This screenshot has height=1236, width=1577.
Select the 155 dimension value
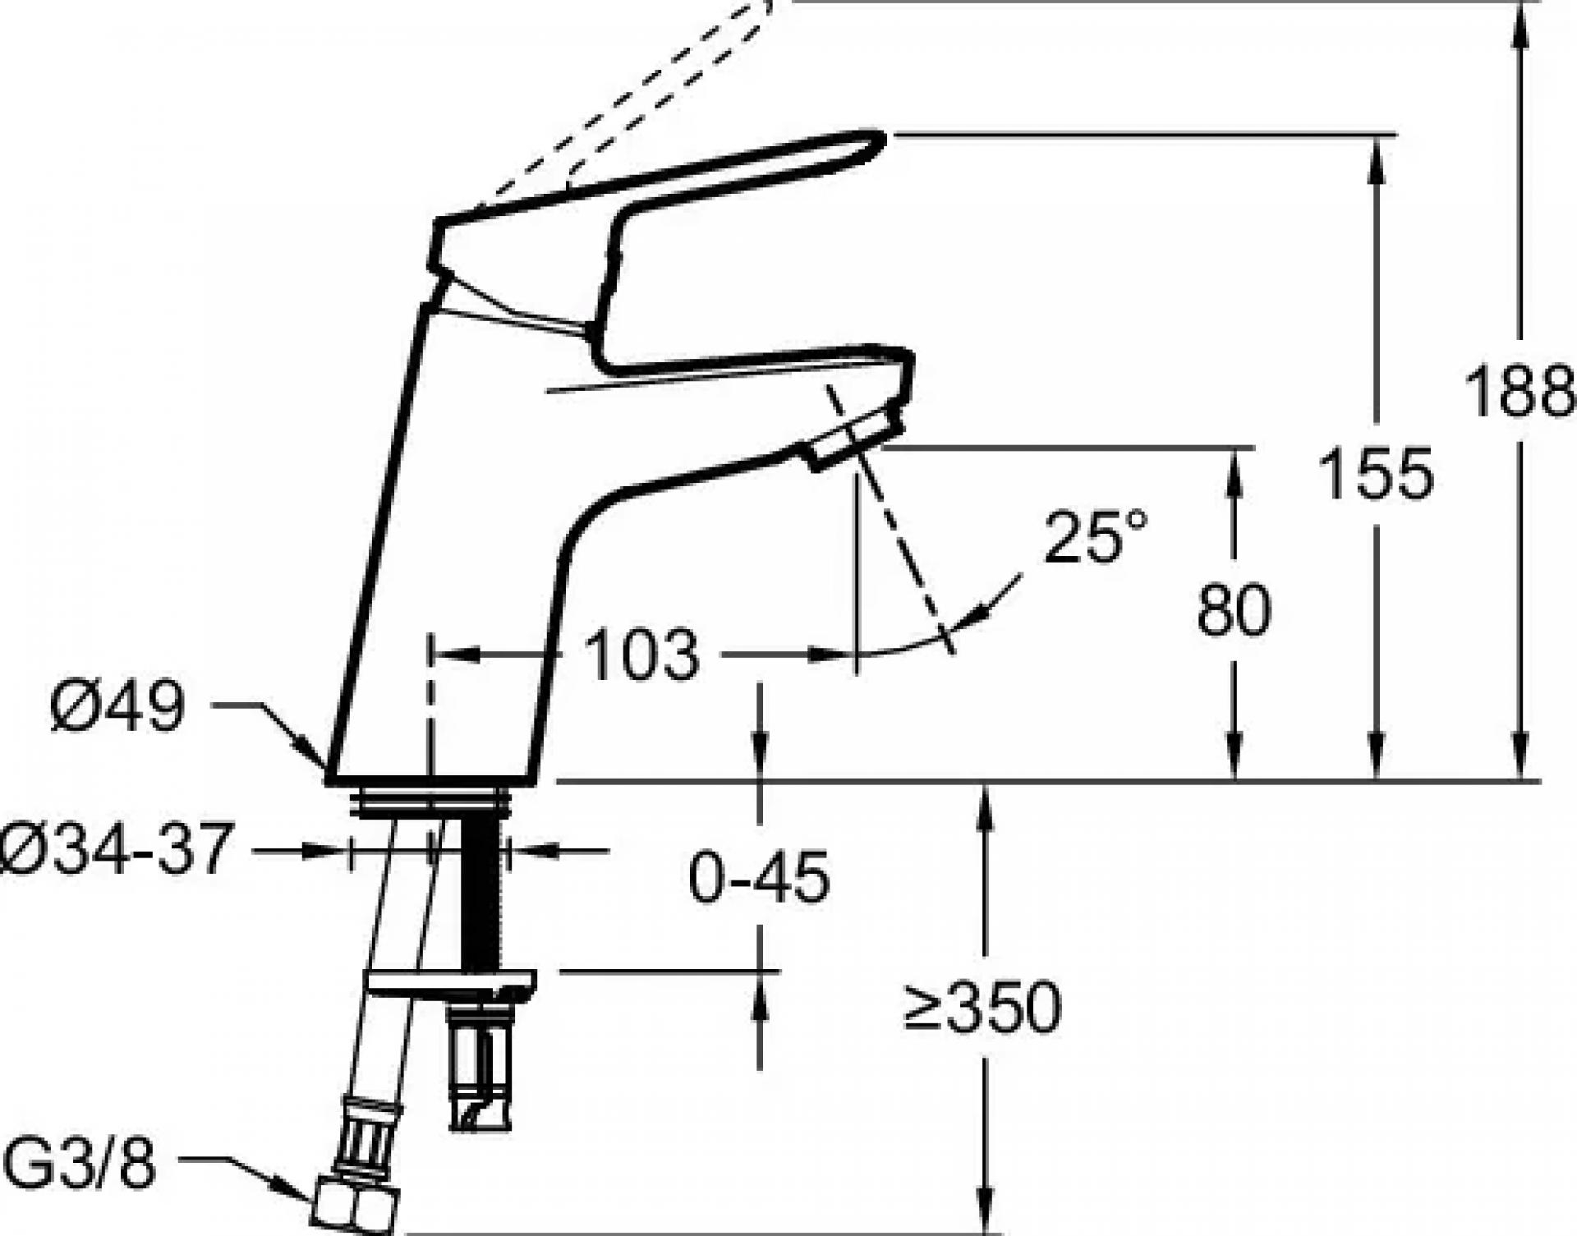(x=1377, y=475)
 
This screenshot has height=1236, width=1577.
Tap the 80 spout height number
(x=1234, y=609)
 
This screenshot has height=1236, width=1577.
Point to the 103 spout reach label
(x=641, y=655)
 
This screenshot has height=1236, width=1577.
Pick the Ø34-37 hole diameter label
(x=113, y=849)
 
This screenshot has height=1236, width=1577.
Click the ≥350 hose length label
(x=982, y=1007)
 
